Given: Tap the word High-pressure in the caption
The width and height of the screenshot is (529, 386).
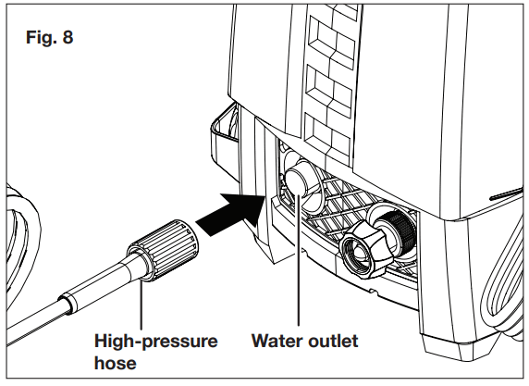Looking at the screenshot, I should point(156,342).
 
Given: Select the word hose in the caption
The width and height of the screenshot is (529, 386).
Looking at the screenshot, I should point(115,363).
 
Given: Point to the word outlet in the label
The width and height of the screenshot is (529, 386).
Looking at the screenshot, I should point(330,342).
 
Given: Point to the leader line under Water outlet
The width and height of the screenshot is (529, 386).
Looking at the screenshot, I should point(298,268).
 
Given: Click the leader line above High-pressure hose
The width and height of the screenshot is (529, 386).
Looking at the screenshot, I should point(141,305).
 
